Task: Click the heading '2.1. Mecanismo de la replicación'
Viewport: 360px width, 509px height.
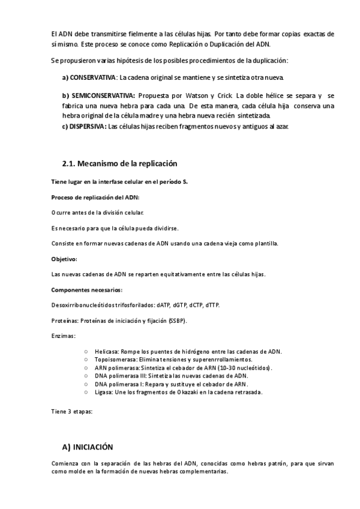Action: coord(120,163)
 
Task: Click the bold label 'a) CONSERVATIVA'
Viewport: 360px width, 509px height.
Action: coord(89,78)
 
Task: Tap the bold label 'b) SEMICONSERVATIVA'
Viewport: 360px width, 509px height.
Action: coord(98,96)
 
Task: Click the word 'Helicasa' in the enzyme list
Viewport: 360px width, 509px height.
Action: coord(107,351)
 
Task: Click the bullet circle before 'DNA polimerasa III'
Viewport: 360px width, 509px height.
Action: coord(87,376)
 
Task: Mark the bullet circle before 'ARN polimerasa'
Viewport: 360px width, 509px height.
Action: coord(87,367)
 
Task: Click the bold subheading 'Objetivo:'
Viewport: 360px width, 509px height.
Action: coord(65,259)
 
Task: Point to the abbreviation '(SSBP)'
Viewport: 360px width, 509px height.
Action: coord(178,321)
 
